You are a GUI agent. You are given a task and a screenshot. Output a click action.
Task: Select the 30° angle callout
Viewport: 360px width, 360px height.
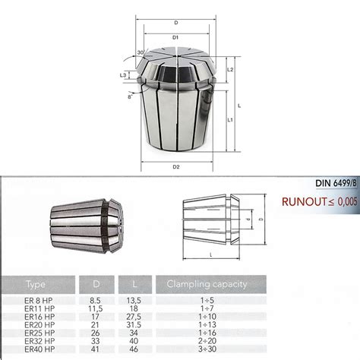click(141, 52)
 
